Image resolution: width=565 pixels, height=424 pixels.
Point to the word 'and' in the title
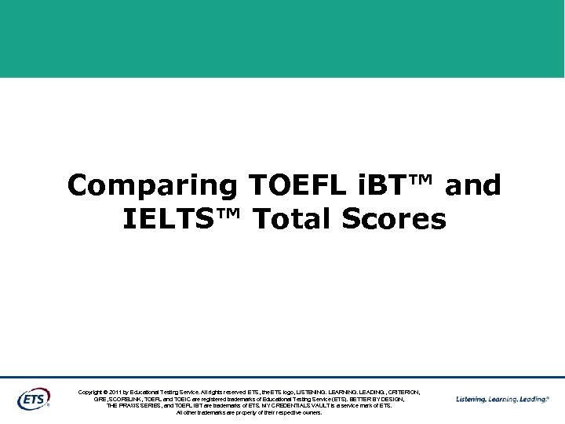click(x=472, y=185)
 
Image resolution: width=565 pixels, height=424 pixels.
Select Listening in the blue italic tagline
click(x=471, y=399)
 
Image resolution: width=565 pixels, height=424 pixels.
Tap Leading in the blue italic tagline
click(x=536, y=399)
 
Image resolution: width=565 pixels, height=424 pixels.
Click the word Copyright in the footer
click(x=92, y=392)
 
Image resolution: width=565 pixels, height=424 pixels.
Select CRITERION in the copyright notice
click(x=402, y=392)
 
